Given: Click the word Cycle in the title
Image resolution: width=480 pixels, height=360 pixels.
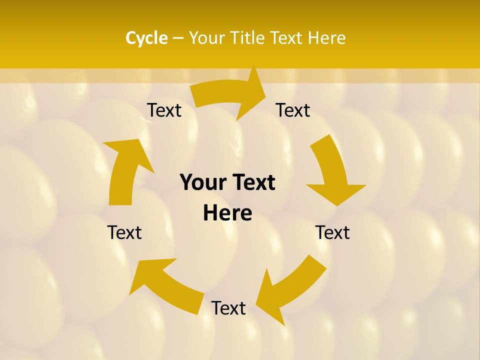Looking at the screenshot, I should pos(146,38).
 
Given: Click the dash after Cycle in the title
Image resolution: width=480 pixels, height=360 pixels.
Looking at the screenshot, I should pos(178,38).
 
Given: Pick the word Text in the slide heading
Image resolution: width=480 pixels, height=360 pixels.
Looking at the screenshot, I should pos(287,38).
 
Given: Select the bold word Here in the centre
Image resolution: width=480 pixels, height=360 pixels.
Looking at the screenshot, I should pos(227,213).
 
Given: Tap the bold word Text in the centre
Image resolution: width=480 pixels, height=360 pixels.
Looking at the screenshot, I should pos(252,182).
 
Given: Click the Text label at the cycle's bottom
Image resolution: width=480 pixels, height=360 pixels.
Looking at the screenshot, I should pos(228,308).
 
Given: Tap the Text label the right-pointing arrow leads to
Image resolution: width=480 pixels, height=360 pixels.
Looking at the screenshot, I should pos(293,110).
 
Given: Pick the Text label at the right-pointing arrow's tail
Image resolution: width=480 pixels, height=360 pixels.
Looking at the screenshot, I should pos(164,110).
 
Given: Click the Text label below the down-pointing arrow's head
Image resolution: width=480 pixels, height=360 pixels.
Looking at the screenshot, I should pos(332,232).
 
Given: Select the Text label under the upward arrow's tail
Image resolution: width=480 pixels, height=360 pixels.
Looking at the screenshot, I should pos(124,232).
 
